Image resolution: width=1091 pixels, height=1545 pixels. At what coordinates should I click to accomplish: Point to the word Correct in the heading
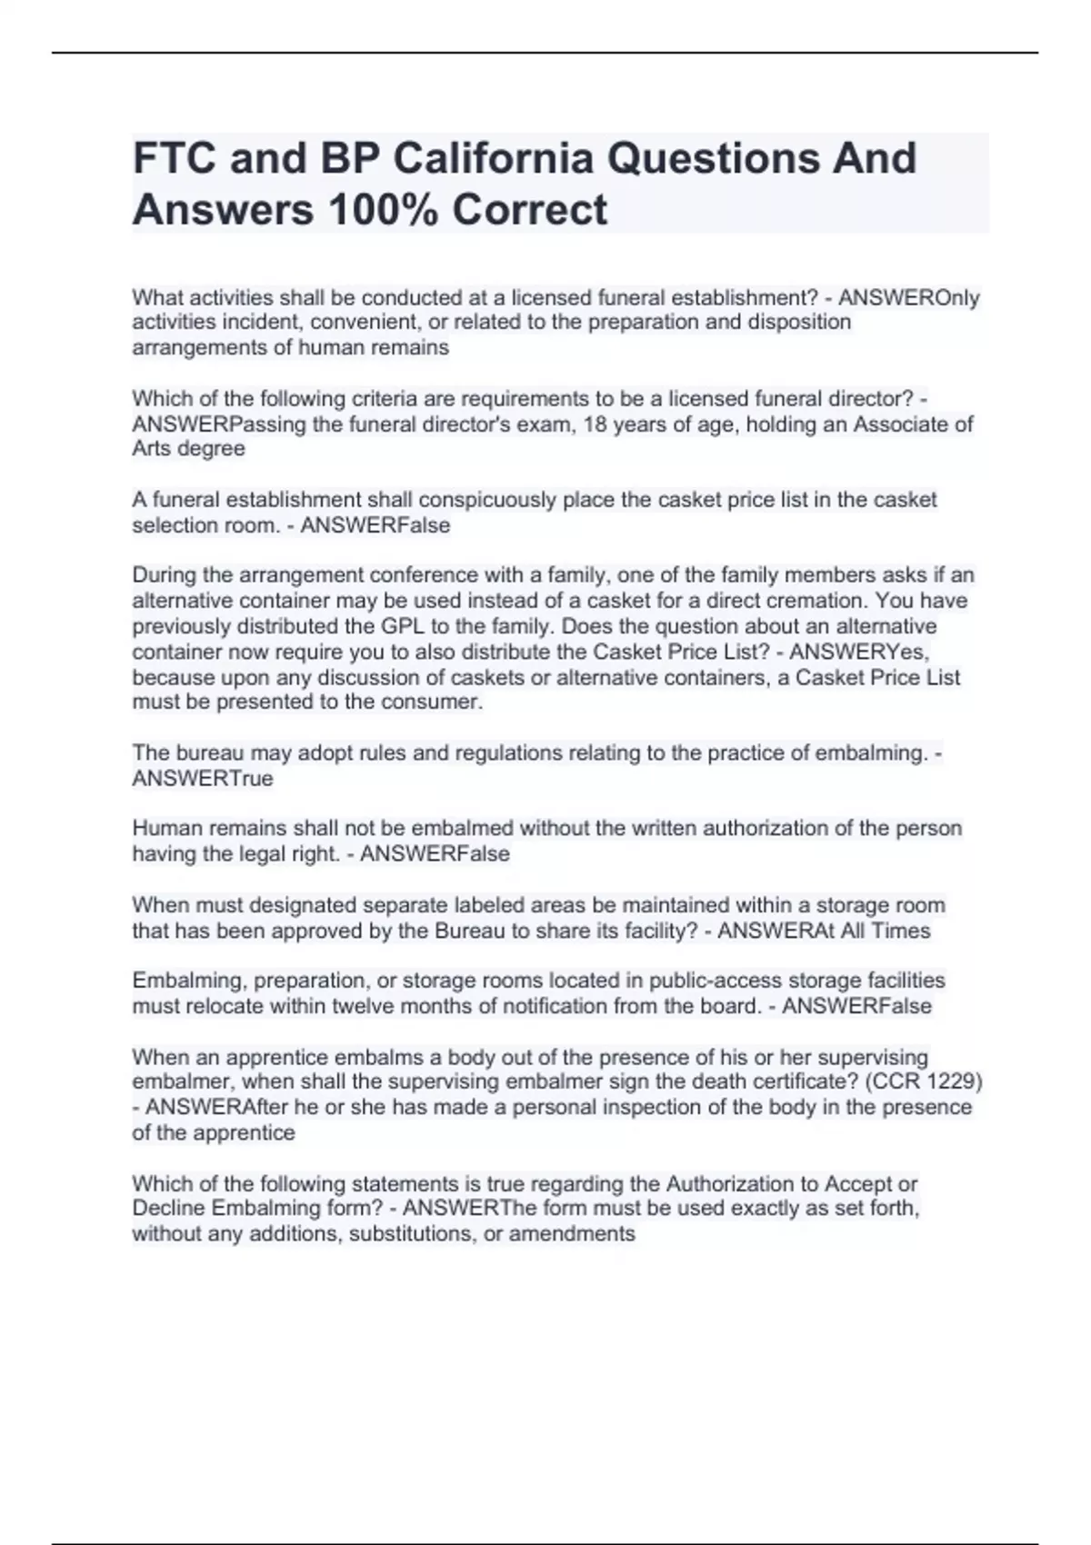[x=529, y=210]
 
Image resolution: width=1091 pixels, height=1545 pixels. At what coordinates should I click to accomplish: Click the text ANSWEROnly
[x=908, y=297]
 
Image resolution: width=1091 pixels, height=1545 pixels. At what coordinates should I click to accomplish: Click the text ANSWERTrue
[x=202, y=779]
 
